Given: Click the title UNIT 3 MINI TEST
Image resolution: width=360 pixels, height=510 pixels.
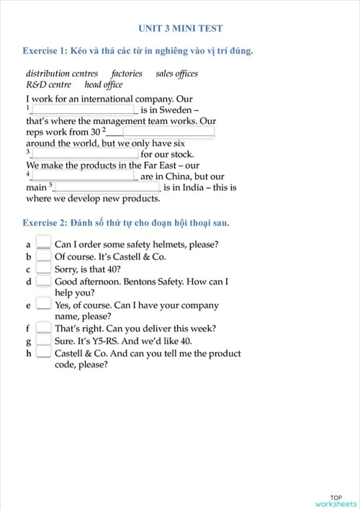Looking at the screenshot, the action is click(x=180, y=29).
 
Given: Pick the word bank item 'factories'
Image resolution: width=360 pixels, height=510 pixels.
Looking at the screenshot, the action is click(x=127, y=73).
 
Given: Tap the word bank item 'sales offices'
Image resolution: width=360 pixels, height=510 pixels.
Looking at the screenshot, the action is click(x=176, y=73).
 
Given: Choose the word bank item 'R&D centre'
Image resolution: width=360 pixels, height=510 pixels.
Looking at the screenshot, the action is click(x=49, y=85).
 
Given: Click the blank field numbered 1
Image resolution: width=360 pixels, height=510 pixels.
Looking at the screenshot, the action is click(x=84, y=109).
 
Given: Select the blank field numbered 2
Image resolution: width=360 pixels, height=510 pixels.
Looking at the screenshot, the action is click(x=168, y=132).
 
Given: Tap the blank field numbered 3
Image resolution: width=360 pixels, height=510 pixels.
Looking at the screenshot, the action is click(x=85, y=153).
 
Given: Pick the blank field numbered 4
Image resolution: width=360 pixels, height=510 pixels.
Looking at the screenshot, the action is click(x=84, y=176).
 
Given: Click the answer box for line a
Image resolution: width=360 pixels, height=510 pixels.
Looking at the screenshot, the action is click(x=43, y=243).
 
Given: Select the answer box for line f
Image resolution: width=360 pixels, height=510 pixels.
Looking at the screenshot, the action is click(x=43, y=328).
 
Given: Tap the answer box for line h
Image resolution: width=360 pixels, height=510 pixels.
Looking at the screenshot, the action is click(x=43, y=353).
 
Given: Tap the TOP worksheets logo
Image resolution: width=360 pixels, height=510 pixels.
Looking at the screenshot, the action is click(x=336, y=501).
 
